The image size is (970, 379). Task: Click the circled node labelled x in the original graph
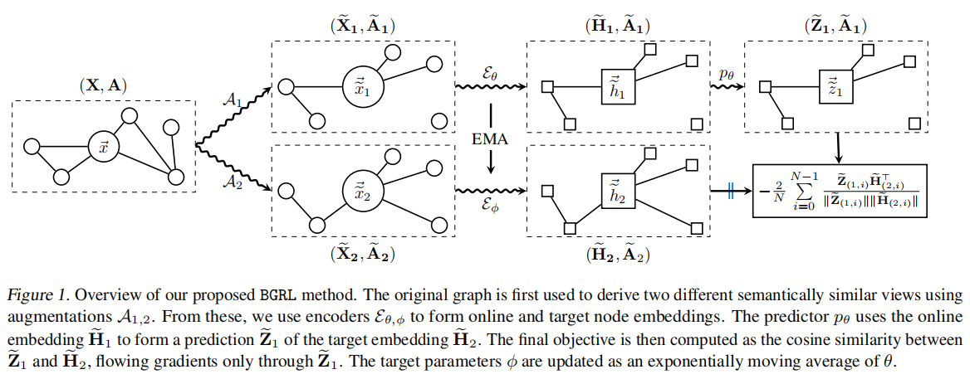click(x=102, y=148)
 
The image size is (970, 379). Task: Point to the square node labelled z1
click(x=831, y=86)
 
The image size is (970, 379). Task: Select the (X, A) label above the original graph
click(x=103, y=85)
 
